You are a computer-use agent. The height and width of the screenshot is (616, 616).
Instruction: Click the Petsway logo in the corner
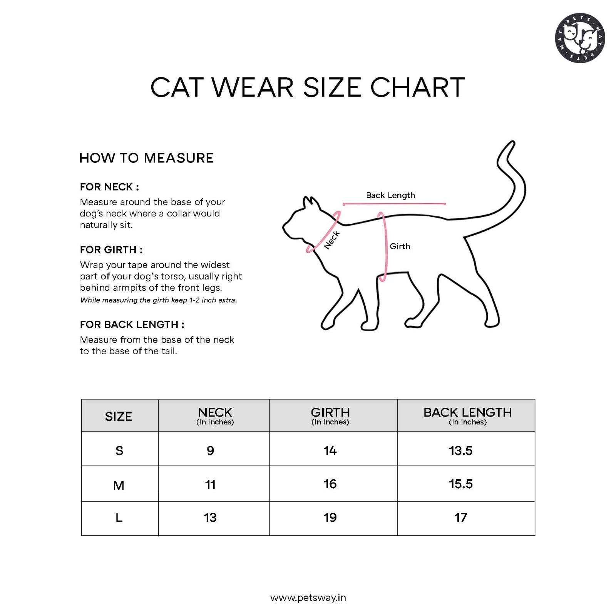tap(580, 38)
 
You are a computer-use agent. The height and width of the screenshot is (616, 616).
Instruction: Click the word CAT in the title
tap(177, 87)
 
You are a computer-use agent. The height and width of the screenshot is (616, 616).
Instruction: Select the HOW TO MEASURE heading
tap(146, 158)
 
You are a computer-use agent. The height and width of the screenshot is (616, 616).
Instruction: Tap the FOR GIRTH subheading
tap(111, 250)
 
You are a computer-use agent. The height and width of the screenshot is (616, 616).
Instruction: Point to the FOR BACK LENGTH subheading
tap(132, 325)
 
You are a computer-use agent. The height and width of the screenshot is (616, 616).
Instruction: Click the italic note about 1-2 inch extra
tap(158, 300)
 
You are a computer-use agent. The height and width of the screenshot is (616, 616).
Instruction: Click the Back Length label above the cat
tap(390, 195)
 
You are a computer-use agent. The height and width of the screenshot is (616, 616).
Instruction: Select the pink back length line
tap(394, 204)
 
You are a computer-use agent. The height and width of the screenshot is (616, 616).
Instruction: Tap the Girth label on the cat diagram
tap(400, 246)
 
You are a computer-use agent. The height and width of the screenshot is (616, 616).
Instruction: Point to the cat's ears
tap(311, 203)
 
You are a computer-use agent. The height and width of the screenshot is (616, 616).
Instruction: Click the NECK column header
tap(215, 415)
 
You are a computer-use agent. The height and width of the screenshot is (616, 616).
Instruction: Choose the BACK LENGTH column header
tap(467, 415)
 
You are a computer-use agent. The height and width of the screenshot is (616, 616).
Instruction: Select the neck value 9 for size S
tap(210, 450)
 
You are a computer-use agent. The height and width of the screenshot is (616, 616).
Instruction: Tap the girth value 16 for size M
tap(330, 484)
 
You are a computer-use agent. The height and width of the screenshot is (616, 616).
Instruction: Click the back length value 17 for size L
tap(460, 517)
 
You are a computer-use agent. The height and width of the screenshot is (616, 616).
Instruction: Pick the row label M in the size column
tap(119, 485)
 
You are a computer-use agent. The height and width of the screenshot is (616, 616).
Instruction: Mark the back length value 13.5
tap(460, 450)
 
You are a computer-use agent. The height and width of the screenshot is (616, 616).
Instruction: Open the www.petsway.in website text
tap(308, 598)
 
